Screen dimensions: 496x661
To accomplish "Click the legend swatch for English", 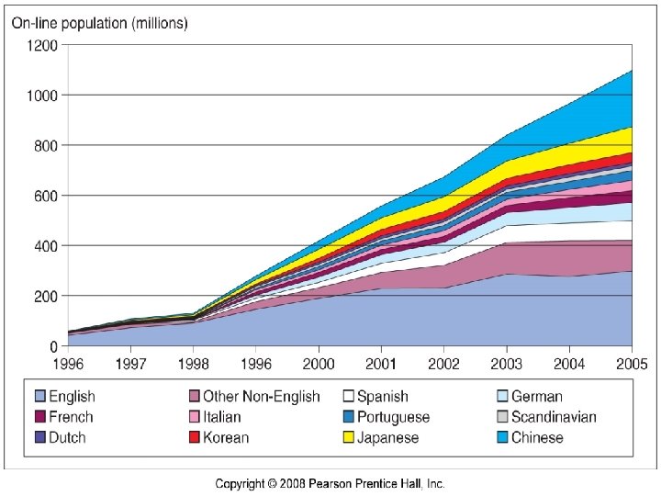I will [x=40, y=397].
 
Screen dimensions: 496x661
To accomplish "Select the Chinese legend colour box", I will [x=502, y=438].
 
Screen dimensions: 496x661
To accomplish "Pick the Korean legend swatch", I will [x=195, y=438].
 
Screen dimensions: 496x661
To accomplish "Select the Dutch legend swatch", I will [x=40, y=438].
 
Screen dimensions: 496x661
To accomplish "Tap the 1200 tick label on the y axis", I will [x=44, y=45].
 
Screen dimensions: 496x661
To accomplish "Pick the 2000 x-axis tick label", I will [x=319, y=363].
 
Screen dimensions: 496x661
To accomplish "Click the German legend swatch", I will [x=502, y=397].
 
